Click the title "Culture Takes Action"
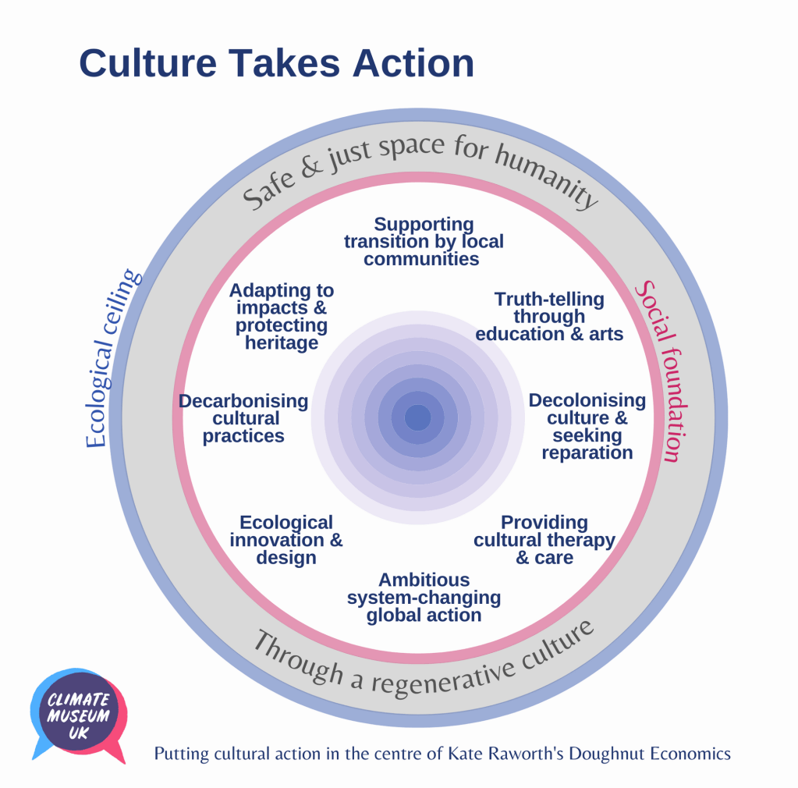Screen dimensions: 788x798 coord(276,63)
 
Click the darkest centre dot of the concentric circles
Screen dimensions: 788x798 coord(417,418)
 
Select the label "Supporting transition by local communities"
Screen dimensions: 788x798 coord(424,242)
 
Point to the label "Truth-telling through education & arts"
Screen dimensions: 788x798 coord(549,316)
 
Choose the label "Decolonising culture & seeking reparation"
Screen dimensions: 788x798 coord(587,426)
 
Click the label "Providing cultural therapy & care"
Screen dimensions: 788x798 coord(544,540)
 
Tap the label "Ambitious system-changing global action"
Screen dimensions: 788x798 coord(424,597)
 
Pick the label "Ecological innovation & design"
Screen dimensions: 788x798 coord(286,540)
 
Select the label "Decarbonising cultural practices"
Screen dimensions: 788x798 coord(243,418)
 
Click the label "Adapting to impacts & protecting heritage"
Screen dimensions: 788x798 coord(281,316)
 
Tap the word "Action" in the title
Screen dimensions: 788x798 coord(413,63)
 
